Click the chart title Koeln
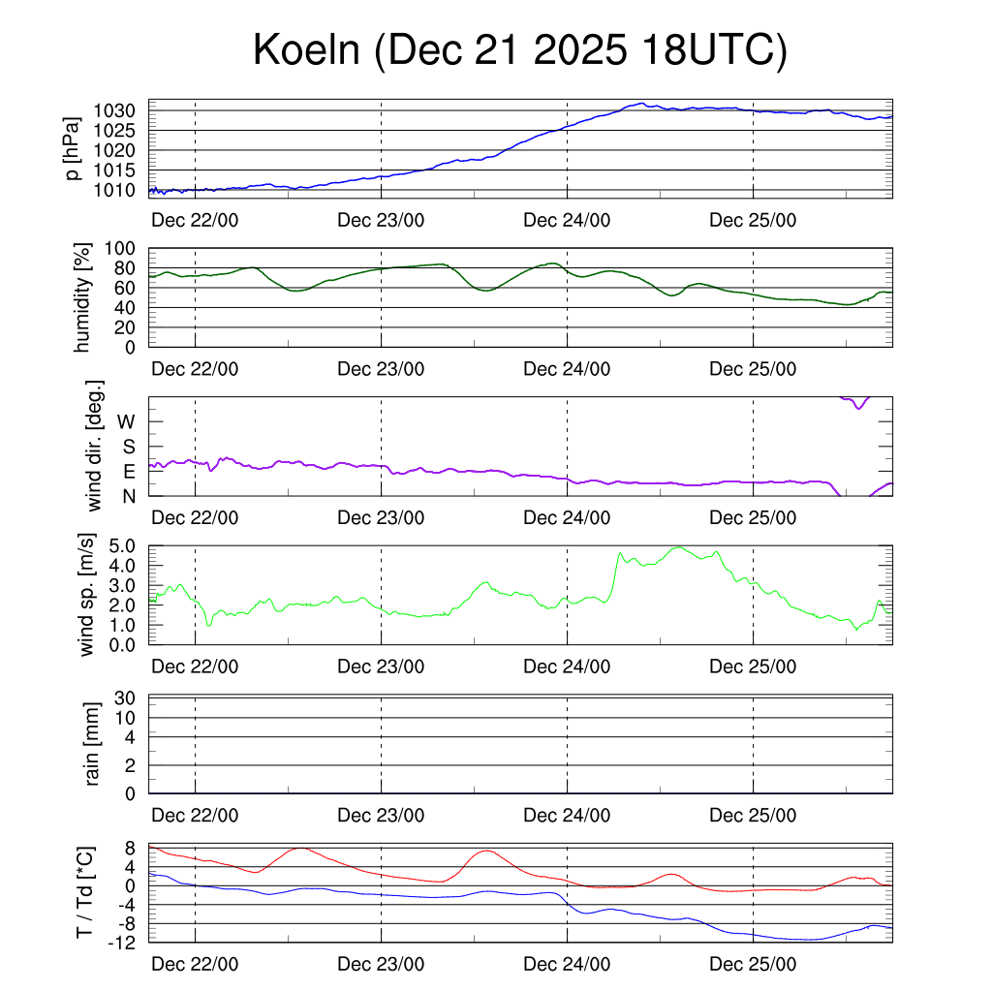(x=519, y=50)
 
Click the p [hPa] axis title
(x=74, y=149)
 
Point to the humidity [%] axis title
(x=83, y=297)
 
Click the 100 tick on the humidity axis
(x=123, y=248)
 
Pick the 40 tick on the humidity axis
(x=128, y=307)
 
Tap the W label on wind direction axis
(x=126, y=421)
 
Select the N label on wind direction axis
(x=127, y=495)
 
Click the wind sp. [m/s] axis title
(x=88, y=595)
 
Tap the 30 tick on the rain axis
(x=128, y=697)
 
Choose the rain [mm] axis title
(x=93, y=745)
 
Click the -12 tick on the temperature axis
(x=121, y=942)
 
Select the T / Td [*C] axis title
(x=85, y=893)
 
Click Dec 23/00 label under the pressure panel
(x=381, y=219)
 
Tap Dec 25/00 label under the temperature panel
(x=753, y=965)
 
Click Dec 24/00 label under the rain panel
(x=567, y=816)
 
